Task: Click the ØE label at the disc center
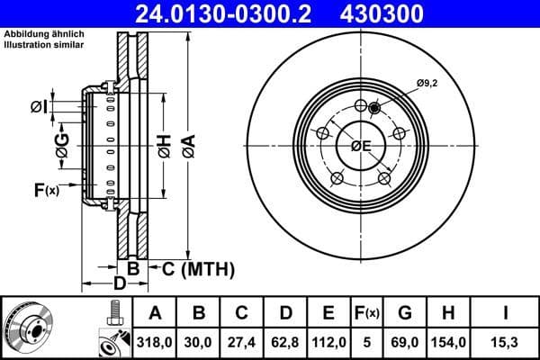(361, 146)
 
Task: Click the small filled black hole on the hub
(375, 108)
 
